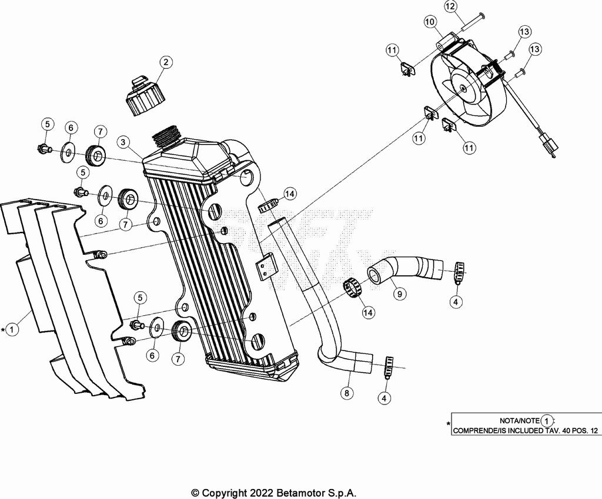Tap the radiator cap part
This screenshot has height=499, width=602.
(145, 96)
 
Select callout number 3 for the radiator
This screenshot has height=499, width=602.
(122, 143)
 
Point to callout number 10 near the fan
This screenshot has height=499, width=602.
(430, 22)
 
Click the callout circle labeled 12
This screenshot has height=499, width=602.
(450, 6)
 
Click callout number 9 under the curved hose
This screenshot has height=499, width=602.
(400, 294)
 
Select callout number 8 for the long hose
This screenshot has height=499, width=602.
(347, 393)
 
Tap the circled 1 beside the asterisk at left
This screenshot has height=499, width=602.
(12, 329)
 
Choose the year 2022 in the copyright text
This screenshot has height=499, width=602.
(260, 493)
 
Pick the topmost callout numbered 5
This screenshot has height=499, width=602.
(47, 124)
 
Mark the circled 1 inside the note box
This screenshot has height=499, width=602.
(547, 421)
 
